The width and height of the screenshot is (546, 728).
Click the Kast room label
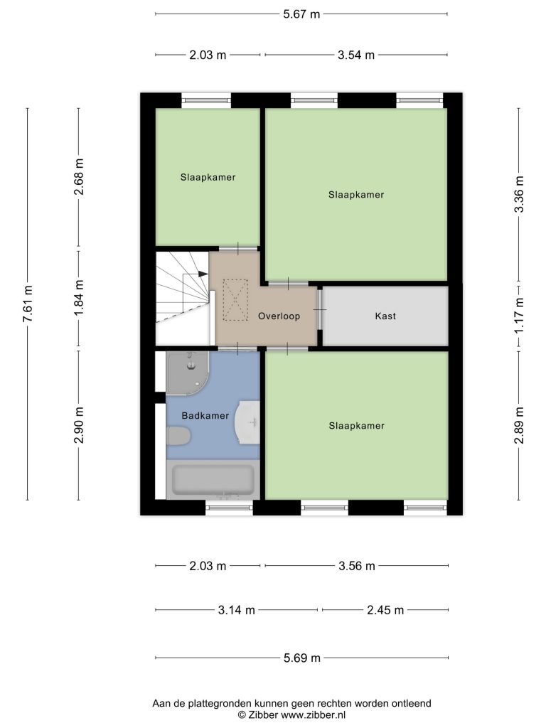click(x=385, y=316)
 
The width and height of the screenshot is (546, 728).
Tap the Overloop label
click(x=279, y=316)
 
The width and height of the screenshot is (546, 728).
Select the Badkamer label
click(x=205, y=415)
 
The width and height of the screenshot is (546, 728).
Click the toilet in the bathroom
click(x=178, y=437)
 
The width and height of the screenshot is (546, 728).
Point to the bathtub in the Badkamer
click(x=213, y=480)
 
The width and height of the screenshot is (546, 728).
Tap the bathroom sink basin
click(x=248, y=422)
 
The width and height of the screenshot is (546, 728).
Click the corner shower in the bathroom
click(x=188, y=373)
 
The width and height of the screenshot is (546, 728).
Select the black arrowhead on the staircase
click(x=203, y=274)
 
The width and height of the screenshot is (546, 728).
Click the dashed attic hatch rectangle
click(x=236, y=300)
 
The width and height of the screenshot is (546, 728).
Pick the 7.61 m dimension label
click(x=28, y=304)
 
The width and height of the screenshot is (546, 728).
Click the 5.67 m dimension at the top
click(x=301, y=14)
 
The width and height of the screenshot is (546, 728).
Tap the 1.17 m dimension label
click(x=519, y=316)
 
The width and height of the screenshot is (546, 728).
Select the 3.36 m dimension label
click(x=519, y=195)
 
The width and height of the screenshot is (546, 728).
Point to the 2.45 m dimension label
click(x=385, y=610)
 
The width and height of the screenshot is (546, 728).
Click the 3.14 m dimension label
click(x=237, y=610)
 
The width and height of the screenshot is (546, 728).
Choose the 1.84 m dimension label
click(x=79, y=299)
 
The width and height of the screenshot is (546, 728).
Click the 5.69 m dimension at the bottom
click(x=302, y=658)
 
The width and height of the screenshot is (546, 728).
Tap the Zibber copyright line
click(x=291, y=715)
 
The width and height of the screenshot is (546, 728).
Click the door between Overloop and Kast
click(x=320, y=309)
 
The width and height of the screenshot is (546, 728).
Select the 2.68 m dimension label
click(x=79, y=177)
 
